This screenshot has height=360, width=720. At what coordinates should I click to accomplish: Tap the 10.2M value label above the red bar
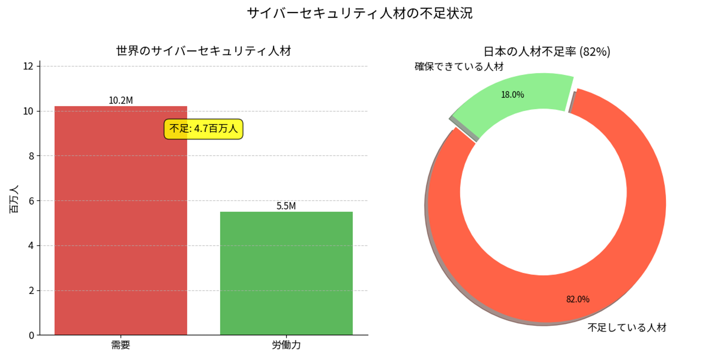pos(120,100)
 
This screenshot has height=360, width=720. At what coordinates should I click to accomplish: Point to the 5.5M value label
pos(286,206)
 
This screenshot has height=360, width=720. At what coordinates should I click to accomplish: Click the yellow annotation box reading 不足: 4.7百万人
pos(203,129)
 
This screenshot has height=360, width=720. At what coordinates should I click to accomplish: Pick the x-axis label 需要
pos(120,345)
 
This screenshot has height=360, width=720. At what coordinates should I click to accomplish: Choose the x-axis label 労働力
pos(286,345)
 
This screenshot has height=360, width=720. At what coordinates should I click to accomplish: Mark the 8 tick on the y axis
pos(31,156)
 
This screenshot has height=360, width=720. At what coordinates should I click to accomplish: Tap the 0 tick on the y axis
pos(31,335)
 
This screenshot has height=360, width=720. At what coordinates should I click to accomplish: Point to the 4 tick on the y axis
pos(31,245)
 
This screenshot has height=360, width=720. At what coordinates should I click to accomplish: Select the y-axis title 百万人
pos(14,199)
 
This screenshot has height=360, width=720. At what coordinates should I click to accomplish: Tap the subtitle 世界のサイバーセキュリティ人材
pos(203,50)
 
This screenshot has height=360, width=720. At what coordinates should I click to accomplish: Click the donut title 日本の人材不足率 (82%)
pos(547,51)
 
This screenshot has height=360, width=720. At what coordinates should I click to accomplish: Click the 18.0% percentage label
pos(512,94)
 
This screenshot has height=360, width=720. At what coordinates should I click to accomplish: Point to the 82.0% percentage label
pos(577,299)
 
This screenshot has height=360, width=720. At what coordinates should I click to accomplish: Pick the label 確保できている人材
pos(459,66)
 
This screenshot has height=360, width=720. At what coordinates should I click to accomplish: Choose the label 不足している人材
pos(627,328)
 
